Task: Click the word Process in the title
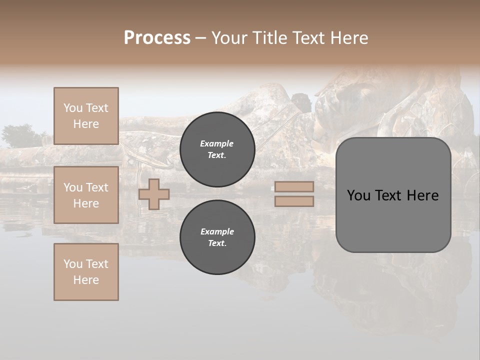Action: coord(157,38)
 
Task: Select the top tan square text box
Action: coord(86,116)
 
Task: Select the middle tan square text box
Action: coord(86,195)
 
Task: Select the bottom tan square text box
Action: coord(86,272)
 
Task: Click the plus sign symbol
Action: coord(154,194)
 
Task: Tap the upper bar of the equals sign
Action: coord(294,187)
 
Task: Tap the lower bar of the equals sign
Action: coord(294,201)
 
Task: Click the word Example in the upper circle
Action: coord(216,143)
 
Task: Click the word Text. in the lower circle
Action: coord(217,243)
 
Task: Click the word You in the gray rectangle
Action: coord(358,195)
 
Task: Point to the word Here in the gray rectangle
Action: coord(422,195)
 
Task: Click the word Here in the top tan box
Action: coord(86,124)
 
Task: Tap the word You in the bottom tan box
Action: coord(73,264)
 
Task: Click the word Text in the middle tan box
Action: coord(96,187)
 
